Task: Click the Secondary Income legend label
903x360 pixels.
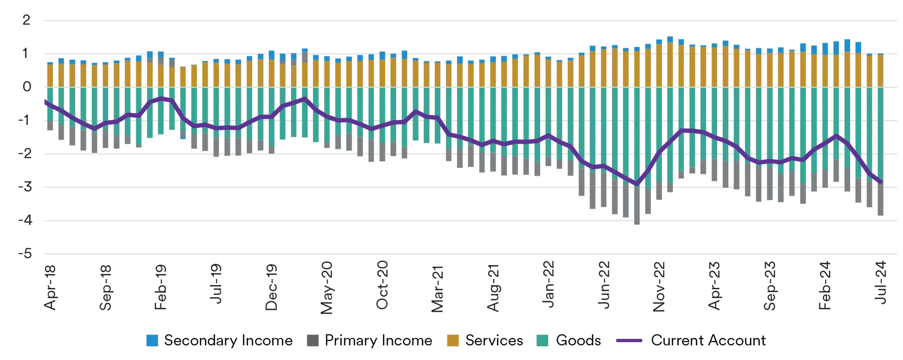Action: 228,341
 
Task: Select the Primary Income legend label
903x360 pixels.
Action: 378,341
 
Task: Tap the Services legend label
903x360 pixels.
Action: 494,341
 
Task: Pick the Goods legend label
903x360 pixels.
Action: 578,341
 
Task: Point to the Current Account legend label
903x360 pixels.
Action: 708,341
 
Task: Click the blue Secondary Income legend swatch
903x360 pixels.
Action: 152,341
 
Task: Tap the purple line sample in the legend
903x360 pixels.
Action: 629,341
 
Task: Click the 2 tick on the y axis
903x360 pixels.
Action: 26,20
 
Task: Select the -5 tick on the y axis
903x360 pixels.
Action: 25,254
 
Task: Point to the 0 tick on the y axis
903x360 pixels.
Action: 27,87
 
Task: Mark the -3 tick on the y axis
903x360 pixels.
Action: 25,187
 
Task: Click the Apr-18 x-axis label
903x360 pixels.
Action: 50,287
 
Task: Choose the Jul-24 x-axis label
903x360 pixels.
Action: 881,282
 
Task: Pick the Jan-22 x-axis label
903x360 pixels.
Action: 548,285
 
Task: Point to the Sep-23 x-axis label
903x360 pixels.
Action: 769,286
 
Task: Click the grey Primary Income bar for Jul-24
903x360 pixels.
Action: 880,199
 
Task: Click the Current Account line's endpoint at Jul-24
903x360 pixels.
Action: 880,182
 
